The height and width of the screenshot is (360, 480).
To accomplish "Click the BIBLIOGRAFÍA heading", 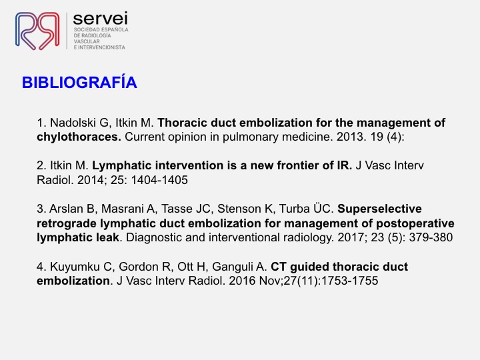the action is [x=79, y=82].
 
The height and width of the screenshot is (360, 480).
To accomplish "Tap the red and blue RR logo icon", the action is [x=37, y=31].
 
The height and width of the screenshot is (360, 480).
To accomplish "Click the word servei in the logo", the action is [x=101, y=19].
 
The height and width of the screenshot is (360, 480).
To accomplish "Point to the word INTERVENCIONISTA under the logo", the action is [x=101, y=47].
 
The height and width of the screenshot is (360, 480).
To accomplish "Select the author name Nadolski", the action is [x=73, y=123].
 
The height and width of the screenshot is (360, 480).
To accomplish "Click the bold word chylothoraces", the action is [x=79, y=137].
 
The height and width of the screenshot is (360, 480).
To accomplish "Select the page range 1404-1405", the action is [x=159, y=180].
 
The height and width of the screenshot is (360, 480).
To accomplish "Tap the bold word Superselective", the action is [x=379, y=209].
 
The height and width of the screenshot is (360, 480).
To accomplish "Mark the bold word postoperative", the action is [x=415, y=223].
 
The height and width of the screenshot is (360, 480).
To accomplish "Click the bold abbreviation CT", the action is [x=278, y=267].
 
